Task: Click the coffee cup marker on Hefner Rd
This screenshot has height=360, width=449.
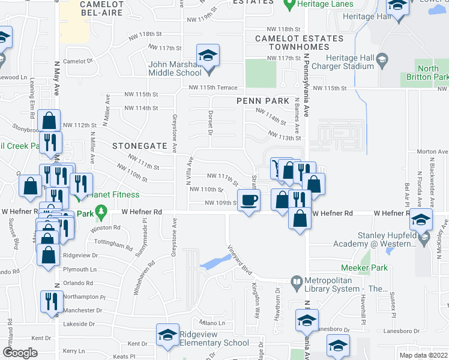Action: pyautogui.click(x=249, y=200)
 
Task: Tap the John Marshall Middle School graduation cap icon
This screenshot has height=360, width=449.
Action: pyautogui.click(x=208, y=58)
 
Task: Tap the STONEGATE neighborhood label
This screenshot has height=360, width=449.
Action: pyautogui.click(x=135, y=145)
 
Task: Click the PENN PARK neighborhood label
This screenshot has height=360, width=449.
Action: pyautogui.click(x=263, y=101)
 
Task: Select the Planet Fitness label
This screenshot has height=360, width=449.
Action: pyautogui.click(x=113, y=194)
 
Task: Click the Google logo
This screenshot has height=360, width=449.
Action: pyautogui.click(x=19, y=353)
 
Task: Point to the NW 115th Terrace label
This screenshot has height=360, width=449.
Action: pyautogui.click(x=213, y=88)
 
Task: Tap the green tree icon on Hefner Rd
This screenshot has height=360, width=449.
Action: pyautogui.click(x=101, y=212)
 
